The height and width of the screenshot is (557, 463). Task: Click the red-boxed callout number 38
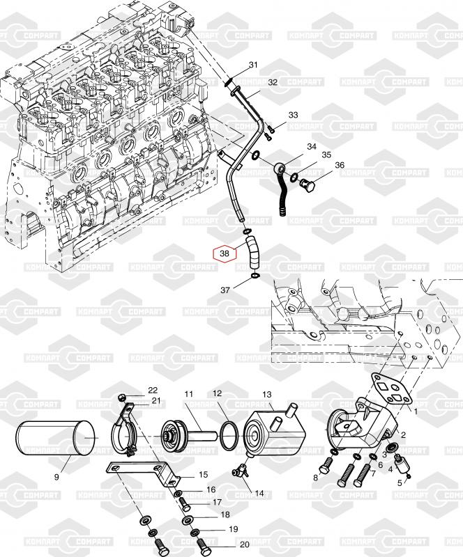[x=225, y=253]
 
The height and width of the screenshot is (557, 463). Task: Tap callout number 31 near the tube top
[x=253, y=65]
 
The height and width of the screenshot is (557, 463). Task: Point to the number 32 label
[x=273, y=82]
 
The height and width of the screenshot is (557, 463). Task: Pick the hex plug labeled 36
[x=308, y=185]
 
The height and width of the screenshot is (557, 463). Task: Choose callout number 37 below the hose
[x=225, y=290]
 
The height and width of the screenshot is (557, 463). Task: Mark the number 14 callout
[x=259, y=493]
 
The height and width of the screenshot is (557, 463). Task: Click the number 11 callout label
[x=188, y=395]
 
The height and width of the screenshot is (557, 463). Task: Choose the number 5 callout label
[x=400, y=482]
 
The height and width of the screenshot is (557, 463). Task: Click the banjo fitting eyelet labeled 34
[x=279, y=168]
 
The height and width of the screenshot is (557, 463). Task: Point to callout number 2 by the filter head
[x=403, y=434]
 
